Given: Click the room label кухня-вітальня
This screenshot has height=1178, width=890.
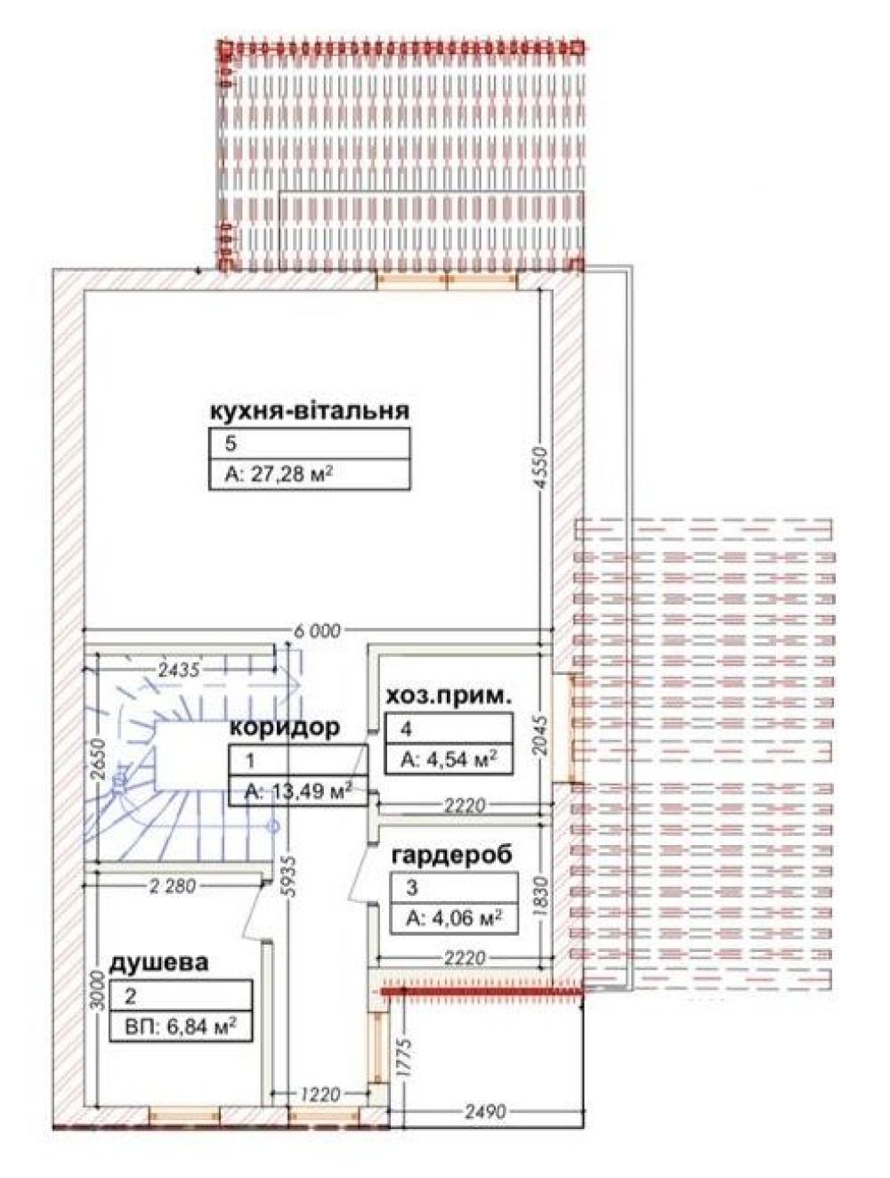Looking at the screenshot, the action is [309, 411].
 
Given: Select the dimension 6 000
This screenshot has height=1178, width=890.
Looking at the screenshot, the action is [318, 630].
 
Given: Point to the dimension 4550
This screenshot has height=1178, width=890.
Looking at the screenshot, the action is [542, 467].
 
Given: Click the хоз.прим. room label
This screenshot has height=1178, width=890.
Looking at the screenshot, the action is [447, 696].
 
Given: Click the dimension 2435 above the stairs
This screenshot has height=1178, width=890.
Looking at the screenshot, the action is [180, 670].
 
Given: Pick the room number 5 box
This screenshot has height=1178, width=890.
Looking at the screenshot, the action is [309, 443].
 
